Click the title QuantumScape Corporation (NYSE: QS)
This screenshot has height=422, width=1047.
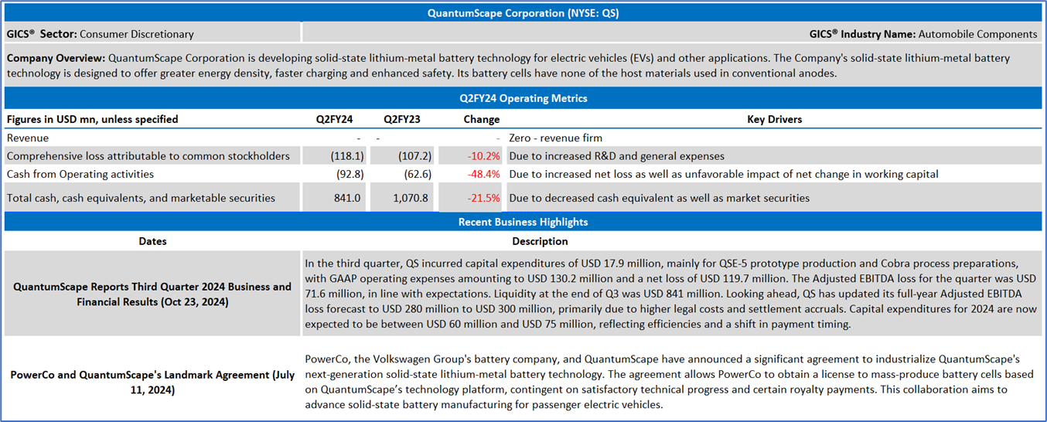click(523, 13)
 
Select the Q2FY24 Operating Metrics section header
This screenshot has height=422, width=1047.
click(523, 98)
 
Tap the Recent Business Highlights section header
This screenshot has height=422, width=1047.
click(523, 222)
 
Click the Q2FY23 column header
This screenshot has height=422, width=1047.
click(401, 119)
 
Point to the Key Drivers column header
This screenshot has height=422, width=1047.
click(774, 119)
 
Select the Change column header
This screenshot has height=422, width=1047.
click(481, 119)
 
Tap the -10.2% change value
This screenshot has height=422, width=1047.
click(483, 156)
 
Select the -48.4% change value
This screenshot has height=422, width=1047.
click(483, 174)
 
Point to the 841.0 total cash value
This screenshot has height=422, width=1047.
click(347, 198)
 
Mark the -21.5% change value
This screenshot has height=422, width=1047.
click(483, 198)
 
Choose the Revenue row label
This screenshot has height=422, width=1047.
click(28, 138)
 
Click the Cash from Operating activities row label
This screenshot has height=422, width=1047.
click(80, 174)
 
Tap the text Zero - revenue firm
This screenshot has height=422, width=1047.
click(557, 138)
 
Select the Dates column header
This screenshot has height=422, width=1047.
click(152, 241)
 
